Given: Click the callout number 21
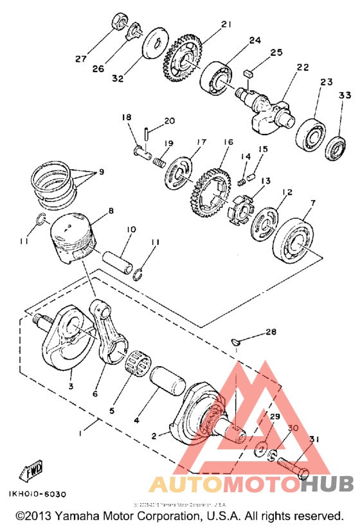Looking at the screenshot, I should click(226, 24).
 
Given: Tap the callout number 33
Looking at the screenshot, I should click(345, 96).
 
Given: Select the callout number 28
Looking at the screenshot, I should click(271, 332).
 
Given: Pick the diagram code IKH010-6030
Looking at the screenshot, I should click(37, 493).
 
